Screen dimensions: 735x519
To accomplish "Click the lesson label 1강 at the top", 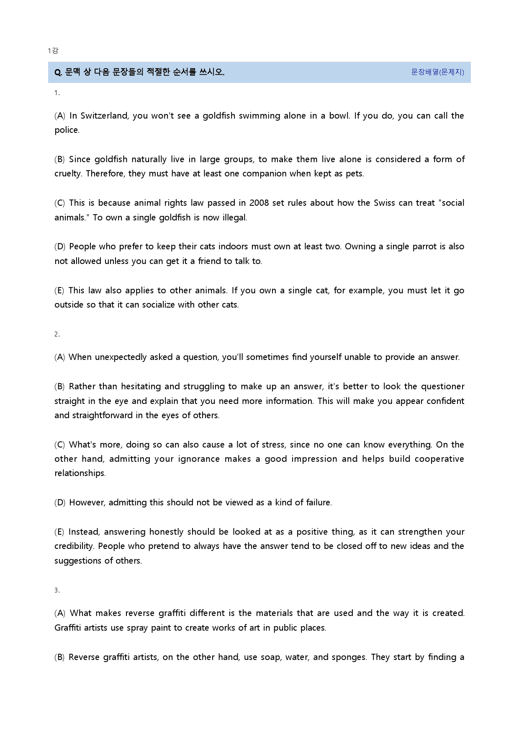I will tap(53, 51).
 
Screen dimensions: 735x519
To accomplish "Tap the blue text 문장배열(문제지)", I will tap(437, 72).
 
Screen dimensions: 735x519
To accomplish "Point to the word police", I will tap(66, 130).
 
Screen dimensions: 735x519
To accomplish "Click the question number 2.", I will tap(57, 334).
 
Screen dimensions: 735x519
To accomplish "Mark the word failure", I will tap(318, 502).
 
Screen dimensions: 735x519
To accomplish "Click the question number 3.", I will tap(57, 590).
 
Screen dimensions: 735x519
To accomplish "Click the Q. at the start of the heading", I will tap(58, 72).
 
